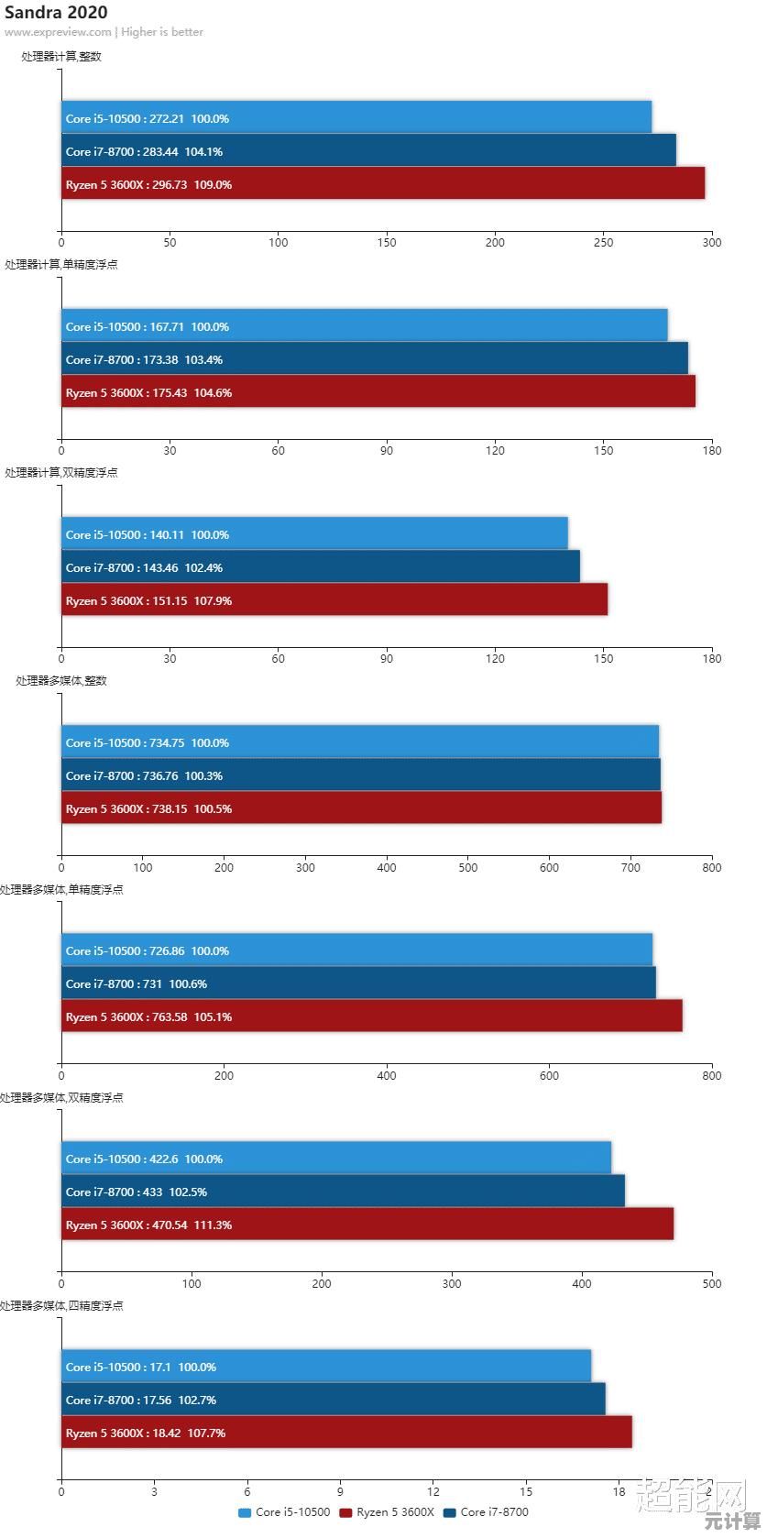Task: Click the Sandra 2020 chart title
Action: point(56,12)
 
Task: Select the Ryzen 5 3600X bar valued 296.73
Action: point(383,183)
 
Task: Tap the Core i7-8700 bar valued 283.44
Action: point(368,150)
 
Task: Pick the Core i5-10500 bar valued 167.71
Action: point(364,325)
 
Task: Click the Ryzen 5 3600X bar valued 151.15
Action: point(334,599)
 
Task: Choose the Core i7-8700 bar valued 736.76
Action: point(360,774)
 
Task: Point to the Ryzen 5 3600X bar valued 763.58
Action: point(371,1016)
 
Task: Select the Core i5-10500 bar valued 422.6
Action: point(335,1158)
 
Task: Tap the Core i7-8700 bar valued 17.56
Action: point(333,1399)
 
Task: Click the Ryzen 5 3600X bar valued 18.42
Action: point(346,1432)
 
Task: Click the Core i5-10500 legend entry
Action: point(284,1512)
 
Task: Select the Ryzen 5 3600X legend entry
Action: point(387,1512)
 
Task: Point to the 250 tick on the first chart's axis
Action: point(603,243)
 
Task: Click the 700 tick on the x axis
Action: point(630,867)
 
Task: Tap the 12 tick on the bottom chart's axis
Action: point(433,1491)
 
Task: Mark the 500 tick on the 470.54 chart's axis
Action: point(711,1283)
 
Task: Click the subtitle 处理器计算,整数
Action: point(61,56)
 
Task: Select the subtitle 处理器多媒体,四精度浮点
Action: point(61,1305)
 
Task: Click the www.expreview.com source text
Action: point(58,32)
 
